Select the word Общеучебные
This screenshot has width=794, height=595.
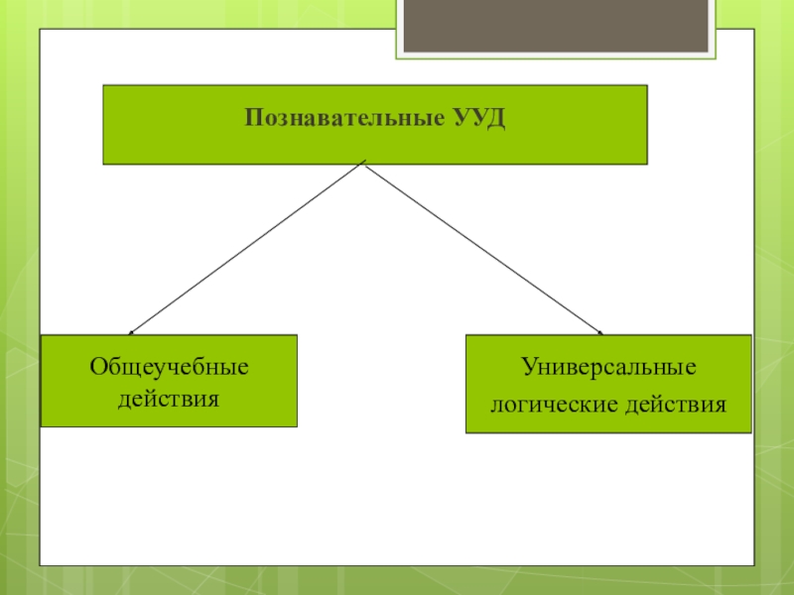pyautogui.click(x=170, y=368)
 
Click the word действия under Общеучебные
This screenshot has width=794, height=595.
pyautogui.click(x=169, y=399)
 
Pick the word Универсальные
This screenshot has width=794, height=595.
pyautogui.click(x=608, y=368)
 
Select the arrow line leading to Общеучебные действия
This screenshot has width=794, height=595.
pyautogui.click(x=248, y=247)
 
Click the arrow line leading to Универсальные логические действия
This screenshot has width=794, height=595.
pyautogui.click(x=484, y=247)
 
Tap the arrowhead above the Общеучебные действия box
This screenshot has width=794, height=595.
pyautogui.click(x=132, y=331)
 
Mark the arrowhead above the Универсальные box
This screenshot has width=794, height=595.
pyautogui.click(x=599, y=331)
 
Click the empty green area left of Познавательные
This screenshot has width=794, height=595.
pyautogui.click(x=169, y=124)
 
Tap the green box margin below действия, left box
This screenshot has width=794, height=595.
pyautogui.click(x=169, y=417)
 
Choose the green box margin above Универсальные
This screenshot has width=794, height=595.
pyautogui.click(x=608, y=346)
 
